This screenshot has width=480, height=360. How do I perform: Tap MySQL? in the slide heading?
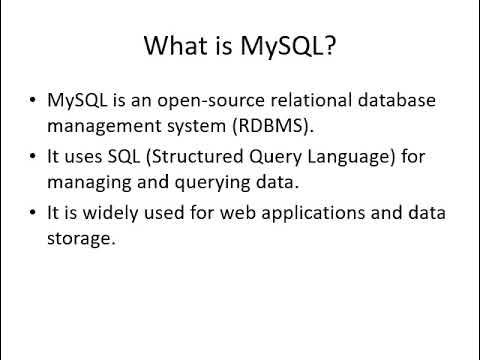[x=295, y=46]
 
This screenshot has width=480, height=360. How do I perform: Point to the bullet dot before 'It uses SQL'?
[x=34, y=159]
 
